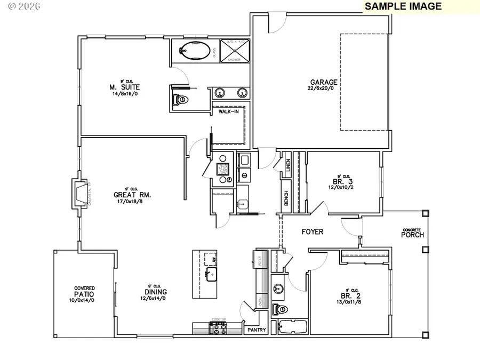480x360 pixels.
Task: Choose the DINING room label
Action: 155,292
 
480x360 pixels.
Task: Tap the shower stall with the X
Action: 234,50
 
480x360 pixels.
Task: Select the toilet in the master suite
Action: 180,99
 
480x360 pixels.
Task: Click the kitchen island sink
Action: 212,275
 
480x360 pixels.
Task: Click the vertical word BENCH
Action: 286,198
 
